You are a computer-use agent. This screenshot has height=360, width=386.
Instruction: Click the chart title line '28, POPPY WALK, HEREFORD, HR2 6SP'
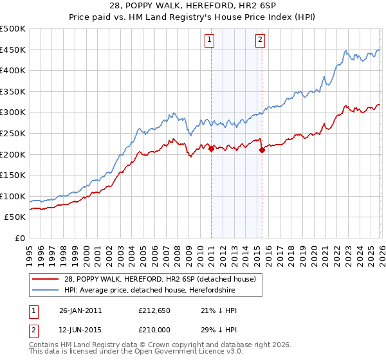(x=193, y=7)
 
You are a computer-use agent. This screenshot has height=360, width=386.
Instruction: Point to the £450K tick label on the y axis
(x=13, y=50)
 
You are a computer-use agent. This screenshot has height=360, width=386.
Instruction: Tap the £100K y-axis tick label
(x=13, y=197)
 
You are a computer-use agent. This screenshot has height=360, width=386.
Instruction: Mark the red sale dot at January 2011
(x=211, y=149)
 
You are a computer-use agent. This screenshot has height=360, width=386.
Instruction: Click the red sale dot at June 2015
(x=261, y=150)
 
